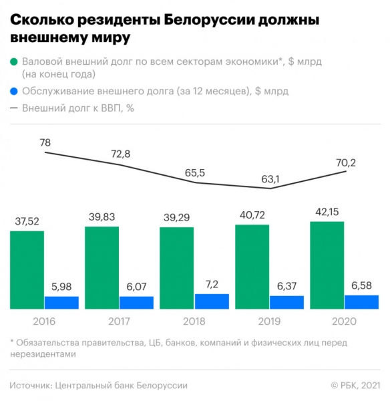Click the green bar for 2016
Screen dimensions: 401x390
click(27, 270)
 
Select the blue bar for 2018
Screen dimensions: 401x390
click(212, 301)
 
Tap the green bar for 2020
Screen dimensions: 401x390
click(327, 265)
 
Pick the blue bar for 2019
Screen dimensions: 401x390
click(286, 302)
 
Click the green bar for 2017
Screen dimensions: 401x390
click(102, 267)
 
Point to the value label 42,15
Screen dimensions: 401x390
click(327, 213)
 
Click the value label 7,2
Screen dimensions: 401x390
click(212, 285)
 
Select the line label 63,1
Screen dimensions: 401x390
click(270, 179)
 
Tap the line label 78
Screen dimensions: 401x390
click(45, 142)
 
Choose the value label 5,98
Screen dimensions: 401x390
click(61, 287)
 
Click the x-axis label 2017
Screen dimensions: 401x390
click(119, 321)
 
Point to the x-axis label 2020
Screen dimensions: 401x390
click(344, 321)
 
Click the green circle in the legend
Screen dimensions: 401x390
click(14, 61)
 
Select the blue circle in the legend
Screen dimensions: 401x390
click(14, 92)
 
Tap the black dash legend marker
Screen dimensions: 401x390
click(14, 108)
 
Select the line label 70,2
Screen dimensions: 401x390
click(345, 161)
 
